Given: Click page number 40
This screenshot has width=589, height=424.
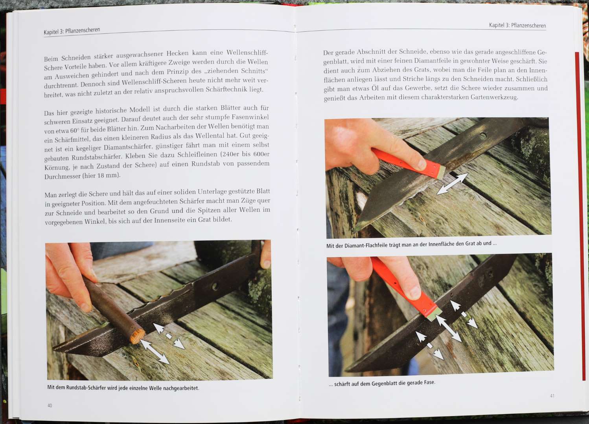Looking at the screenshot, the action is tap(50, 406).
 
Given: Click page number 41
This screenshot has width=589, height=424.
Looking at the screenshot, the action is tap(552, 396).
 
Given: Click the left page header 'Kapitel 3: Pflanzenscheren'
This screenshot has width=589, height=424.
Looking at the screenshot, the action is tap(72, 31).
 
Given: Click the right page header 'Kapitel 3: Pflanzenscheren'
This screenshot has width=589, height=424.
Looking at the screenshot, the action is tap(517, 25).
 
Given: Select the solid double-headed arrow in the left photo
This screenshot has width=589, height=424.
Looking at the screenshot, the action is tap(155, 352).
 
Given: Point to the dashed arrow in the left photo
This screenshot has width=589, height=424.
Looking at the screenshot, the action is tap(169, 336).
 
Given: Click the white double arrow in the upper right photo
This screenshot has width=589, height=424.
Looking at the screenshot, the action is tap(452, 183).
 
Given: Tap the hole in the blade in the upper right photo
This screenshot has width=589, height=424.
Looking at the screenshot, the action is tap(483, 135).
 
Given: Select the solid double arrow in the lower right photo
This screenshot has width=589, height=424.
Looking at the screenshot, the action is tap(449, 329).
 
